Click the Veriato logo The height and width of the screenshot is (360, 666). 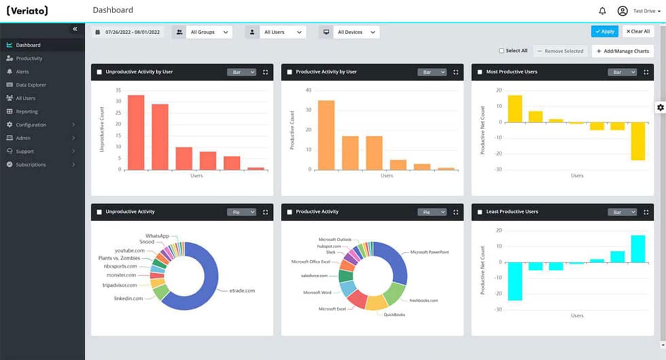point(27,11)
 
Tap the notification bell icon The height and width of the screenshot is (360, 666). point(602,11)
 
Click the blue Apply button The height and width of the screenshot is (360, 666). point(604,31)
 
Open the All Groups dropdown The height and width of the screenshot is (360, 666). point(208,32)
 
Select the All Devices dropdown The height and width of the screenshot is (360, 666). point(356,32)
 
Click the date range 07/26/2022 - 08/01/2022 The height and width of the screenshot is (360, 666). point(128,32)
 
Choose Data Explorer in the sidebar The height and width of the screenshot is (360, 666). point(31,85)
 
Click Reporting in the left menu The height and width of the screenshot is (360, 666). point(27,111)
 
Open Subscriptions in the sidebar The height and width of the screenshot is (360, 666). point(31,164)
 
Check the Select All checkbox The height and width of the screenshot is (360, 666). point(502,51)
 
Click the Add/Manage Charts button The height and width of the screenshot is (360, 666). point(623,51)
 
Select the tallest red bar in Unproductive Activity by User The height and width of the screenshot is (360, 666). point(136,132)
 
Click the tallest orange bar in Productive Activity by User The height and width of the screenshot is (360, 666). point(326,135)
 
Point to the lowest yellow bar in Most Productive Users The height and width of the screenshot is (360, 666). point(637,141)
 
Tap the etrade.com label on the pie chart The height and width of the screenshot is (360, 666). point(242,290)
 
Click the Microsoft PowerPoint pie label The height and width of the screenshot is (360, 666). point(429,252)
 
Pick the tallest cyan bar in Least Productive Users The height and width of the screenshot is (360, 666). point(637,248)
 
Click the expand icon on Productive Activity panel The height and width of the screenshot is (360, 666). point(456,212)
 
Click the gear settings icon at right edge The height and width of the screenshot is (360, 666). point(660,107)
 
